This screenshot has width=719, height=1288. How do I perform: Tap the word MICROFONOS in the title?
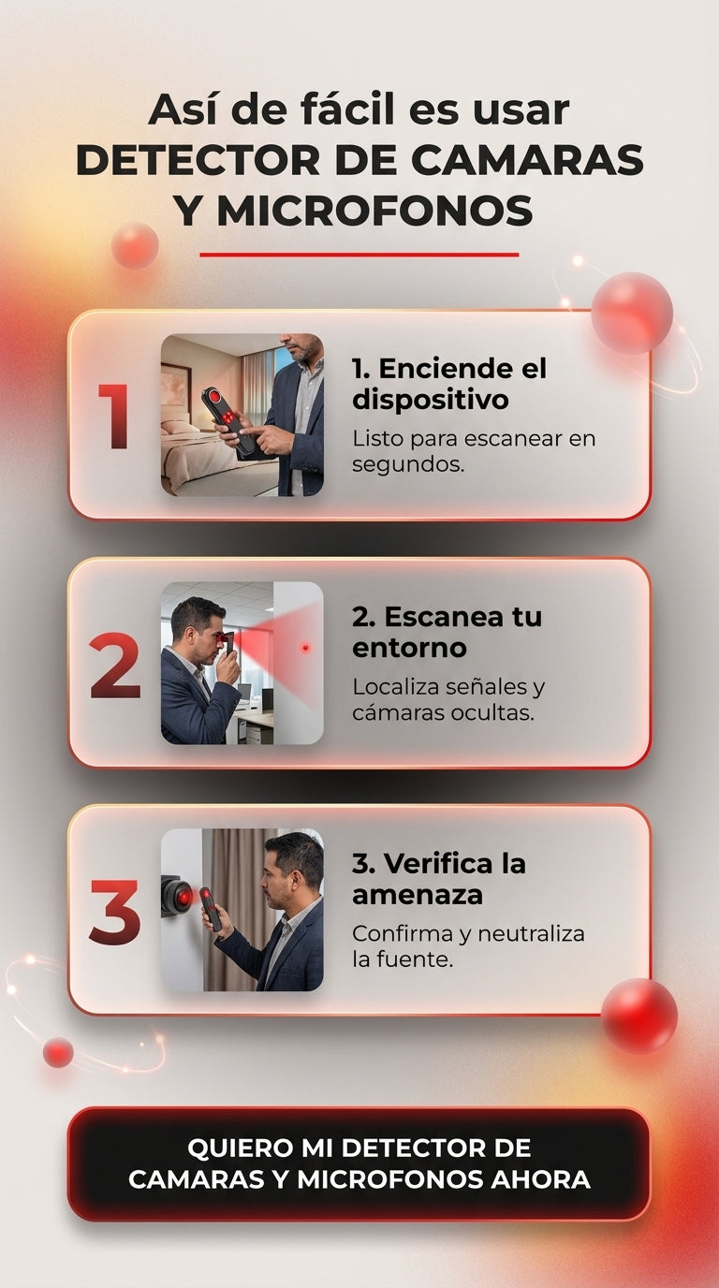point(374,211)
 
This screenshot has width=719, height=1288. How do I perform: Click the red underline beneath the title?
point(359,255)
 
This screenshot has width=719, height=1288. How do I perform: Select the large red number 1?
point(114,416)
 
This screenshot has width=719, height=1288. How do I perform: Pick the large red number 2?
point(115,665)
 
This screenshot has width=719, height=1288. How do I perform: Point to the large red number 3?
point(115,912)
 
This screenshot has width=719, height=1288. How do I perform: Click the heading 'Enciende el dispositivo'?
point(449,384)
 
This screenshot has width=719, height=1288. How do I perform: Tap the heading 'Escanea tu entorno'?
point(447,632)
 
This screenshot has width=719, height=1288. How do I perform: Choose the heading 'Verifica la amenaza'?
point(439,879)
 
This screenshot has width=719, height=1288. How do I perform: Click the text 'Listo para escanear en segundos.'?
point(474,451)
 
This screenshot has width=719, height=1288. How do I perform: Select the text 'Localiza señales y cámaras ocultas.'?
point(448,699)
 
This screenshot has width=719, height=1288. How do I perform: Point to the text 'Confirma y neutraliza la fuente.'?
point(468,945)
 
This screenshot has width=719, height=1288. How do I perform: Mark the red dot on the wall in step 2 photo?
point(305,648)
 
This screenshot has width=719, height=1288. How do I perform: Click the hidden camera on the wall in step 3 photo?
point(177,896)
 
